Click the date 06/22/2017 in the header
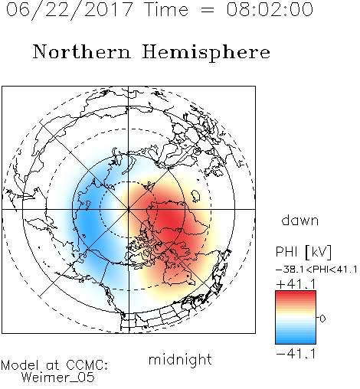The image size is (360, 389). click(70, 10)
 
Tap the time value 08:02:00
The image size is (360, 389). click(270, 10)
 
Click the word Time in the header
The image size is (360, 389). click(166, 10)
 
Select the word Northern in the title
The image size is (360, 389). click(82, 52)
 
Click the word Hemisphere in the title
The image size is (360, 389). click(206, 53)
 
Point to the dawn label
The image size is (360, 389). click(300, 220)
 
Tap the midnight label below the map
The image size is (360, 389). click(180, 360)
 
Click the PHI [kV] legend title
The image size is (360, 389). click(303, 252)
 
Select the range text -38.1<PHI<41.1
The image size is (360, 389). click(316, 270)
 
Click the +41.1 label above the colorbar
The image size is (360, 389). click(296, 284)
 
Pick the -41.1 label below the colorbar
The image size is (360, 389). click(296, 354)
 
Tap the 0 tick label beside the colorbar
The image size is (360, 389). click(322, 319)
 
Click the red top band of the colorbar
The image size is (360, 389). click(296, 294)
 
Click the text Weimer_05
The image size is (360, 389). click(58, 378)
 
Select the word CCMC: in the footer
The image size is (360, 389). click(87, 365)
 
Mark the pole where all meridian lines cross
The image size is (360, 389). click(129, 209)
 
